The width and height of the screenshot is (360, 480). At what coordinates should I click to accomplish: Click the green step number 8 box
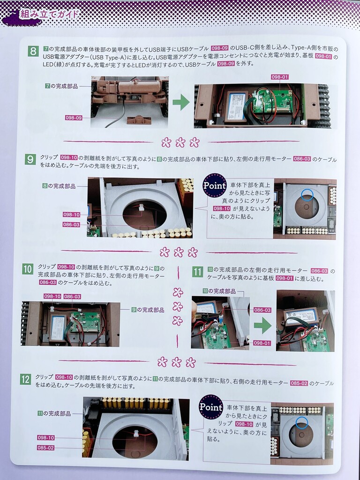pos(33,51)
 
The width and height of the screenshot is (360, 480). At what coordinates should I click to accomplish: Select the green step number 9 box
pos(30,159)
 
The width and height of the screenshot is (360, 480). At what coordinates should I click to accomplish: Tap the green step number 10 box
pos(28,269)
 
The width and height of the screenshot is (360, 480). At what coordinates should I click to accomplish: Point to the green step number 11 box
pos(197,272)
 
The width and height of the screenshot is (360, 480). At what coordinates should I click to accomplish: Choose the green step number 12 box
pos(25,380)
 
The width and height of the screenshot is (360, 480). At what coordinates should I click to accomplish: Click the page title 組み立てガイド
pos(49,14)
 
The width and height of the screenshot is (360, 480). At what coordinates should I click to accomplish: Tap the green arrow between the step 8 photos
pos(181,103)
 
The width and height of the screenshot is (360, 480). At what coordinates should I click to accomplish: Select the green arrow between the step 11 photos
pos(262,326)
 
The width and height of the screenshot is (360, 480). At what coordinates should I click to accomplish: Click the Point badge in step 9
pos(214,185)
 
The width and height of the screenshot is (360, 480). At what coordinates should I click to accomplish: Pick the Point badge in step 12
pos(210,407)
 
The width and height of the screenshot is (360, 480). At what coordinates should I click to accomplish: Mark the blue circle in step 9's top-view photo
pos(307,195)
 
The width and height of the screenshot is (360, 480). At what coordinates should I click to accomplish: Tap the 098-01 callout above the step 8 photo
pos(280,77)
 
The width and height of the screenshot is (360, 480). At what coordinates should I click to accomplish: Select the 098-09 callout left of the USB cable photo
pos(74,118)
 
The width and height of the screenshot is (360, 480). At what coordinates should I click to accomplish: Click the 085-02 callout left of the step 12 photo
pos(45,448)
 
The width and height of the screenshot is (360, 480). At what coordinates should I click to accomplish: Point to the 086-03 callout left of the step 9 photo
pos(71,225)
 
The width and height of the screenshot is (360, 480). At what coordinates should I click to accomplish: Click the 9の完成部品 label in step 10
pos(148,310)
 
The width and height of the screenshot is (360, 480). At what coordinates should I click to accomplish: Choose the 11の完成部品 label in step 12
pos(54,413)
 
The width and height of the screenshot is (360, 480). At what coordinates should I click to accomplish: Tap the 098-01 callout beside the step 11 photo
pos(262,343)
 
